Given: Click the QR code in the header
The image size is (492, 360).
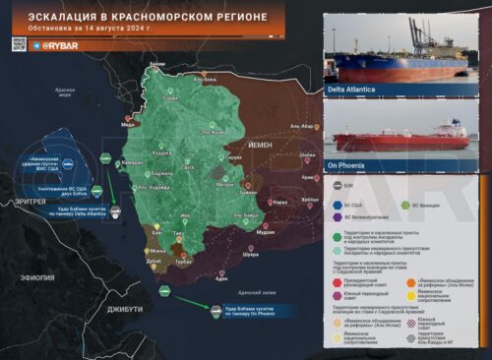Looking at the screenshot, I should pos(18,44).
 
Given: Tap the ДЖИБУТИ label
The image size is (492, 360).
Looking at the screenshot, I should pos(125,309).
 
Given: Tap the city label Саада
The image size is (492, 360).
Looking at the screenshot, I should pos(170,99).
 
